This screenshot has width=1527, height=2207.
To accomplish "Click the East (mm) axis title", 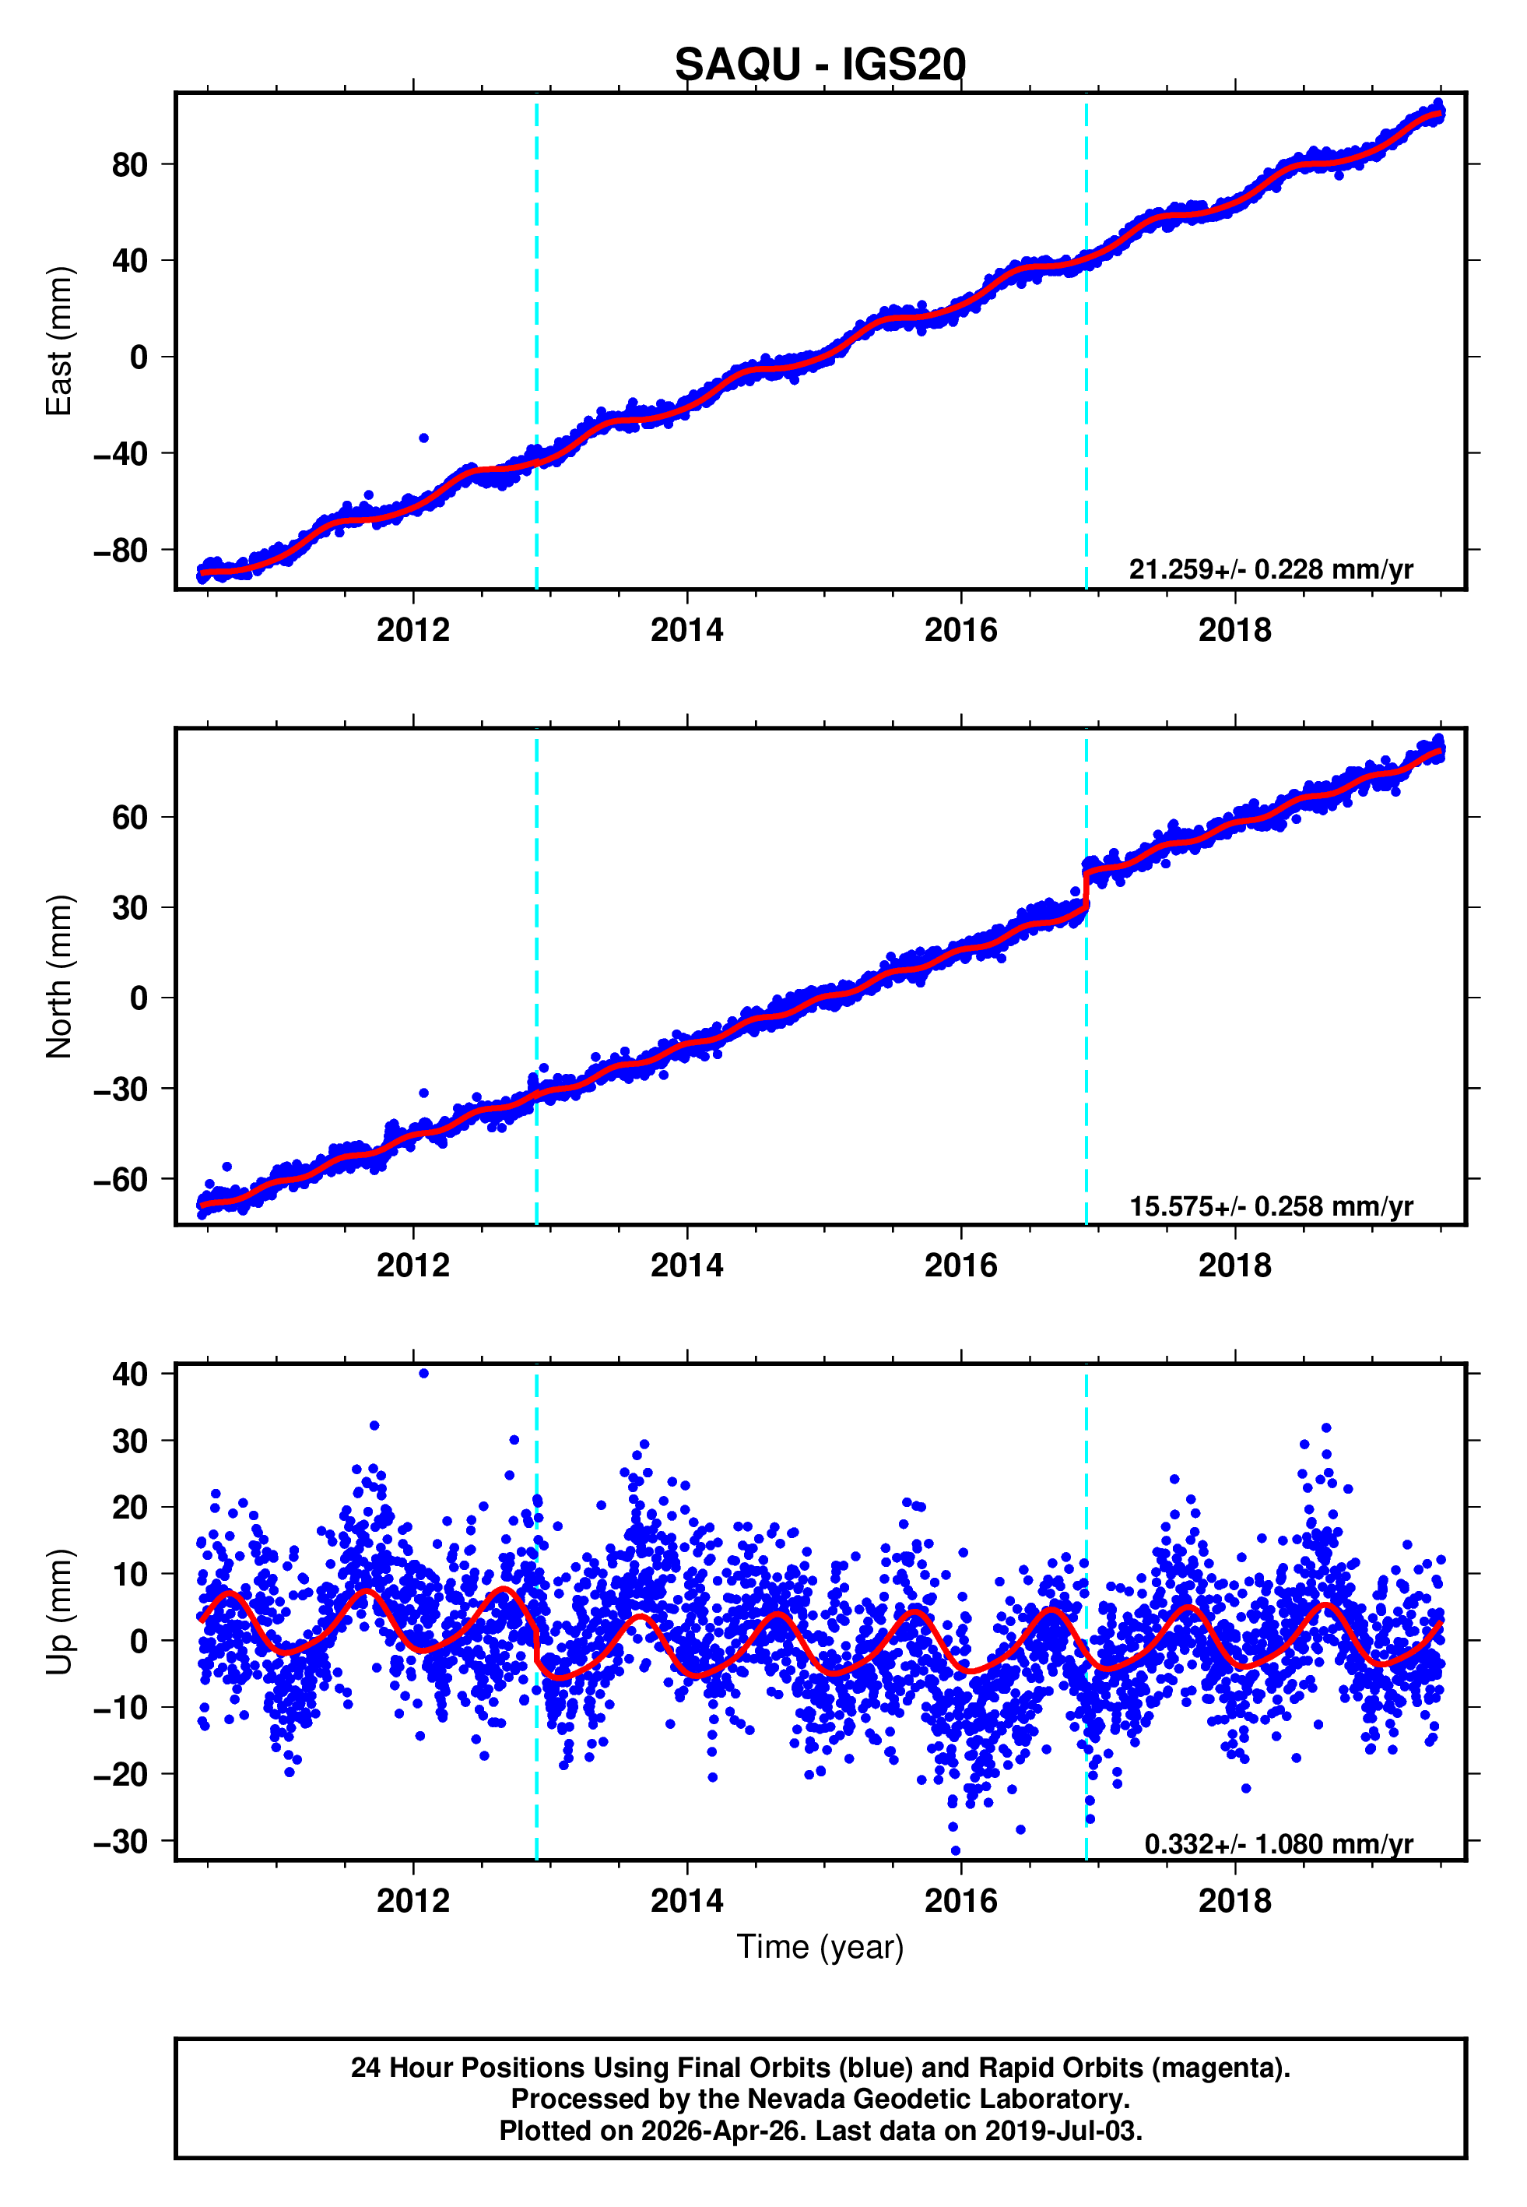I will pyautogui.click(x=59, y=341).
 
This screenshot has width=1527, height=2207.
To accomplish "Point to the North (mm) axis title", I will pyautogui.click(x=59, y=977).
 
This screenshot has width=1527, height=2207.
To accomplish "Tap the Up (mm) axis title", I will pyautogui.click(x=59, y=1612).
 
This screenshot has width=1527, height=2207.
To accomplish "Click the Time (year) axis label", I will pyautogui.click(x=820, y=1947).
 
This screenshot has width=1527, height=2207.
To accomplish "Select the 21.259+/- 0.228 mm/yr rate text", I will pyautogui.click(x=1271, y=569).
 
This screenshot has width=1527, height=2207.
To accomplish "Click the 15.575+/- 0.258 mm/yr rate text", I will pyautogui.click(x=1271, y=1206).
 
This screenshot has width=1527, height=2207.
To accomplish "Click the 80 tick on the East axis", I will pyautogui.click(x=130, y=164).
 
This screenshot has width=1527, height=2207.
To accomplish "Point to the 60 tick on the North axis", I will pyautogui.click(x=130, y=818).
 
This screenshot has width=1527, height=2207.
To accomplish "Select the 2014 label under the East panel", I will pyautogui.click(x=687, y=630).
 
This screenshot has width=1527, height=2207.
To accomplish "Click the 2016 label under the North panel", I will pyautogui.click(x=960, y=1265).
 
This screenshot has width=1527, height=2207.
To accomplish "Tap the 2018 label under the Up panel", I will pyautogui.click(x=1234, y=1901).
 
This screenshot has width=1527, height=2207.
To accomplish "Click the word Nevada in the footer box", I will pyautogui.click(x=788, y=2099).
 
